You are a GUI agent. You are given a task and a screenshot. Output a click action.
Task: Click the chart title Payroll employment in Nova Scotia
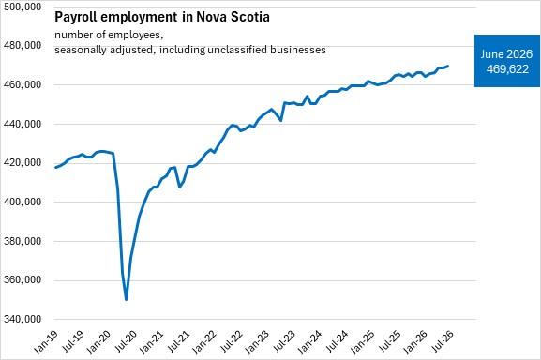click(x=162, y=17)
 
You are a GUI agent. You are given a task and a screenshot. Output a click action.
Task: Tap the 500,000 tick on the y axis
click(x=23, y=7)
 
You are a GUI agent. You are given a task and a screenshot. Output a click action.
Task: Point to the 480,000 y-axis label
click(x=23, y=46)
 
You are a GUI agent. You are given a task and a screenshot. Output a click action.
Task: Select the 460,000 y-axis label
click(x=23, y=84)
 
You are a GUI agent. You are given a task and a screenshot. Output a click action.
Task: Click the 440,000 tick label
click(x=23, y=124)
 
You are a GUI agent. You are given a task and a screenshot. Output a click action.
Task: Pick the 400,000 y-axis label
click(x=23, y=202)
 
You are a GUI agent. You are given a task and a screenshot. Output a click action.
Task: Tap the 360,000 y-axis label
click(x=23, y=279)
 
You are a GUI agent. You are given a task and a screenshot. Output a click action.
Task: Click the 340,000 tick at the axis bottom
click(x=23, y=319)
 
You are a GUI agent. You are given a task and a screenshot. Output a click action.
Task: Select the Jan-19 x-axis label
click(x=46, y=342)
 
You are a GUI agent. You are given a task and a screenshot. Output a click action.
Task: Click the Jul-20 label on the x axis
click(x=126, y=341)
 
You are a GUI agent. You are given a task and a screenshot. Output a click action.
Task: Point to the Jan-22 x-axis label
click(x=204, y=342)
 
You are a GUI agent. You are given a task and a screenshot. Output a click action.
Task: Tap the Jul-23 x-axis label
click(x=284, y=341)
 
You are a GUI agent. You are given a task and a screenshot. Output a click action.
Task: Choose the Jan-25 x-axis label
click(x=363, y=342)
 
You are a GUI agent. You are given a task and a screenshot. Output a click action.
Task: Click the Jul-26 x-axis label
click(x=443, y=341)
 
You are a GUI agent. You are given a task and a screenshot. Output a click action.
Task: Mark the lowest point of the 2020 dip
click(x=127, y=300)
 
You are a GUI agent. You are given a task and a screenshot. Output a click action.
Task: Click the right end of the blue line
click(x=448, y=66)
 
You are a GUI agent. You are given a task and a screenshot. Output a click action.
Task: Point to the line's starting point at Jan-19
click(x=55, y=168)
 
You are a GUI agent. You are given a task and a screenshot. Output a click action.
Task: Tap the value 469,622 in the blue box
click(x=507, y=69)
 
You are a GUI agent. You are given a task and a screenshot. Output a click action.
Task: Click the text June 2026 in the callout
click(x=506, y=54)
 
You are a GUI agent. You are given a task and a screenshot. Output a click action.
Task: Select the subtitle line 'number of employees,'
click(x=109, y=35)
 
